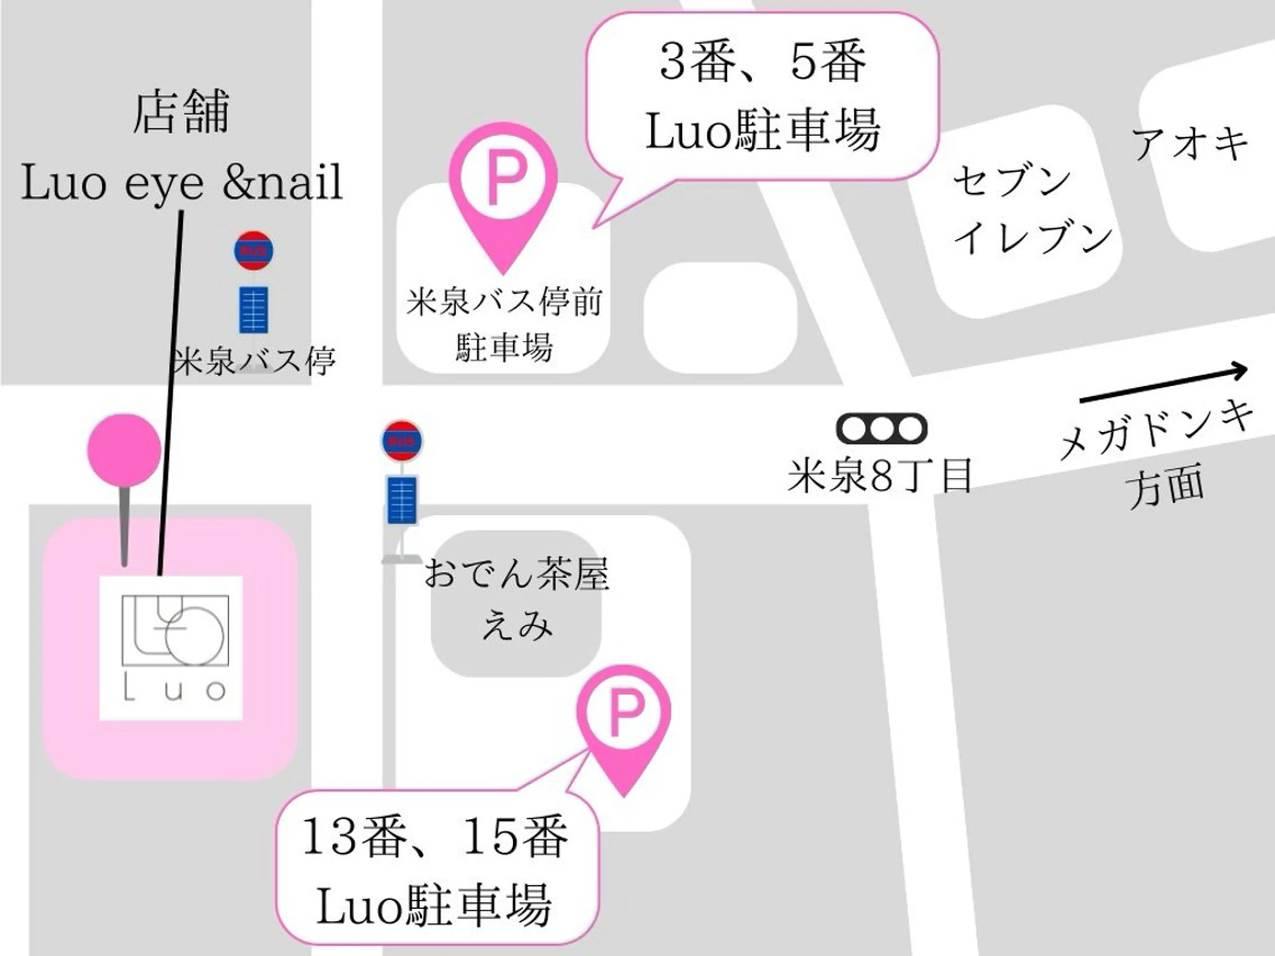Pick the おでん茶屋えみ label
point(516,599)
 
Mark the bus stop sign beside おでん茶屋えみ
point(402,473)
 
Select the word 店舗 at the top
point(182,113)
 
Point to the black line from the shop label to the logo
point(171,392)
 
